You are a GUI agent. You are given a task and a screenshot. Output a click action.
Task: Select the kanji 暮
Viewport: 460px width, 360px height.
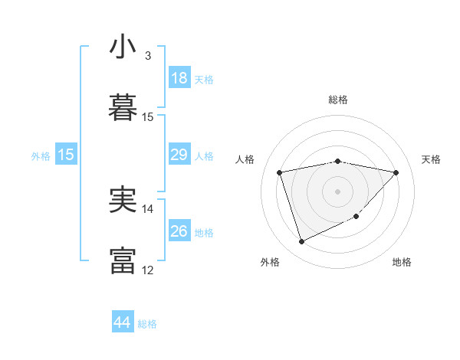click(123, 107)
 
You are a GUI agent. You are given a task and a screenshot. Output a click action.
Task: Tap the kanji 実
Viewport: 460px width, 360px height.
click(123, 199)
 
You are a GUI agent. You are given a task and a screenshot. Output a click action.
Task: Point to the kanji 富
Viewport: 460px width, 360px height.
click(123, 260)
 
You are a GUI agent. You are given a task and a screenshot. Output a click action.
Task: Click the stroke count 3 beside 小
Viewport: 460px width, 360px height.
click(148, 56)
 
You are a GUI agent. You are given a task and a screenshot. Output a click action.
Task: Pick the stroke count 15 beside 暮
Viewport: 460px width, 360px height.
click(148, 117)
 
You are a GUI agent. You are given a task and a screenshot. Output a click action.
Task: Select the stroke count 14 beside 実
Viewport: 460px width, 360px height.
click(148, 208)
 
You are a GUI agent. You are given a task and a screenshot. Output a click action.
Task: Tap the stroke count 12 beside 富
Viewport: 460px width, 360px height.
click(148, 270)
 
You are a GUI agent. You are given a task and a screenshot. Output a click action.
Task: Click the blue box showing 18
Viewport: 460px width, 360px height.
click(179, 78)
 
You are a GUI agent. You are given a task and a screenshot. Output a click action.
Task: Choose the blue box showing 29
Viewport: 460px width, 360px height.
click(179, 155)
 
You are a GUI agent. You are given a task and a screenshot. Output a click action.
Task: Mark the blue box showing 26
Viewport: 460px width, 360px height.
click(179, 231)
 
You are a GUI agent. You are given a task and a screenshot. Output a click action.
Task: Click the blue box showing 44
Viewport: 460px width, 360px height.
click(122, 323)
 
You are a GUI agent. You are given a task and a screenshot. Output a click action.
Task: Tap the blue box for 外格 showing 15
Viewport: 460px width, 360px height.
click(66, 155)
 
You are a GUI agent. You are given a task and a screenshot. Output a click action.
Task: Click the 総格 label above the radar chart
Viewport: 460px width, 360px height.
click(338, 100)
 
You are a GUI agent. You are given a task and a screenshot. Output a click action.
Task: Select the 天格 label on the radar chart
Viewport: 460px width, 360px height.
click(432, 159)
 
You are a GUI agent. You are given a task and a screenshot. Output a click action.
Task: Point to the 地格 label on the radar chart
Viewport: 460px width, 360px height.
click(402, 262)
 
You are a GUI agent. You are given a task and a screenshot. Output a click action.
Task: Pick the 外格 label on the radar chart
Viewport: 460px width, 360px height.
click(270, 262)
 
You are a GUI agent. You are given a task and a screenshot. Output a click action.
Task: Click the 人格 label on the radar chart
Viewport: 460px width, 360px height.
click(246, 159)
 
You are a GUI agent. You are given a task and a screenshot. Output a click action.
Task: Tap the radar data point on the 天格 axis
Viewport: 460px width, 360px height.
click(396, 172)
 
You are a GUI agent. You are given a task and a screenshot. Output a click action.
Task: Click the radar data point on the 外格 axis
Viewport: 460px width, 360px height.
click(301, 242)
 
